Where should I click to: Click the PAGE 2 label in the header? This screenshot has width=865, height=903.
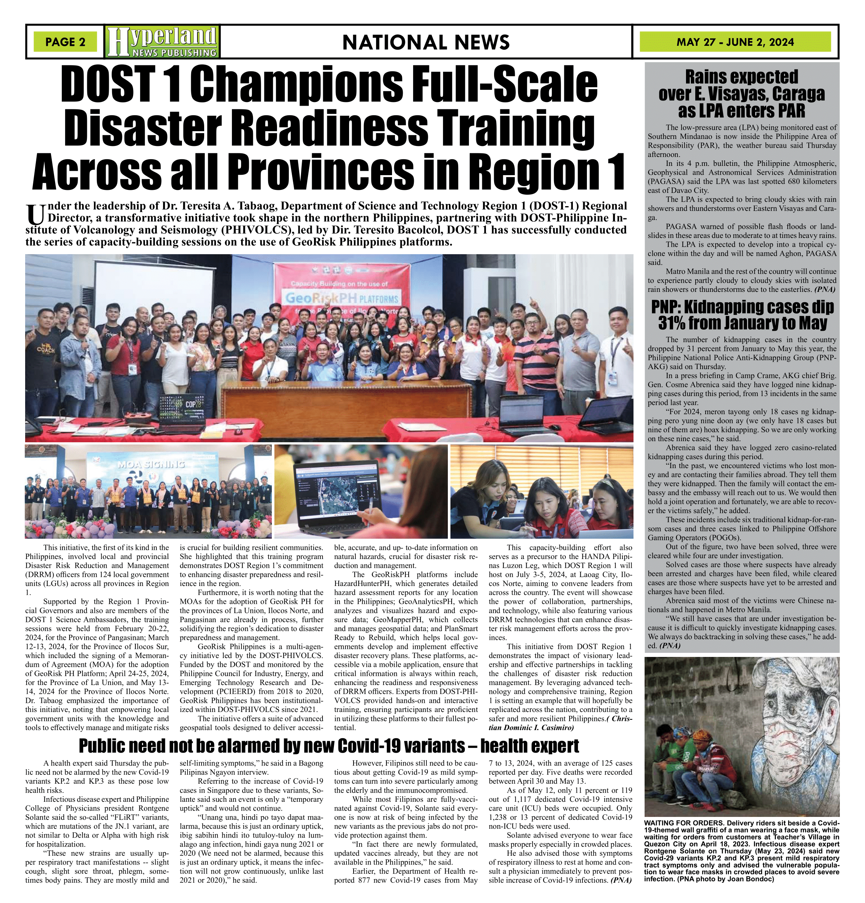click(x=65, y=42)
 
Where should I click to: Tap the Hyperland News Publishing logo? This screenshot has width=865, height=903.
click(x=162, y=41)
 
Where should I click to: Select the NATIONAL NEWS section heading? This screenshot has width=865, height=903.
click(x=426, y=42)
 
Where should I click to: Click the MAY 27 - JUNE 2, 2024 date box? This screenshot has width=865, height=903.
click(x=735, y=42)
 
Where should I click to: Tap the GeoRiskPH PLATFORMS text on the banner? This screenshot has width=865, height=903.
click(x=342, y=298)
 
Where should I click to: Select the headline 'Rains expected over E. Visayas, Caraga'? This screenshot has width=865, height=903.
click(x=741, y=93)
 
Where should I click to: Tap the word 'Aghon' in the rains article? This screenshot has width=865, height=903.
click(x=775, y=253)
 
